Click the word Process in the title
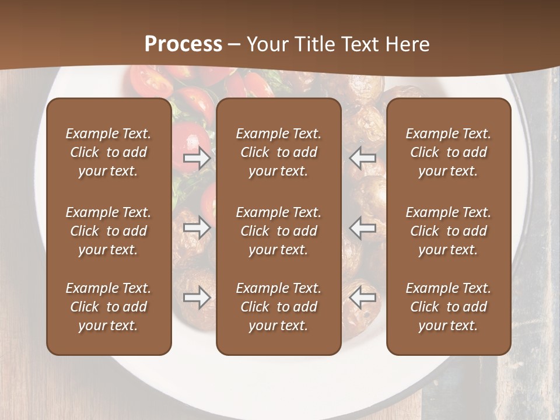(183, 44)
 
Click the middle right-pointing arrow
(197, 228)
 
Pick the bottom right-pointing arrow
(197, 298)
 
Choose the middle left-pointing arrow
(363, 228)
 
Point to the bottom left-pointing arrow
(363, 298)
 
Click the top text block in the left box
(108, 152)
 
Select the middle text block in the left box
(108, 231)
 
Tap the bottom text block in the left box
(108, 307)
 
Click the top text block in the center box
(278, 152)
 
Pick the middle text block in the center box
(278, 231)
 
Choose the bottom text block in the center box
(278, 307)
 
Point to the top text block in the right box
(448, 152)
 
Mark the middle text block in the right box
(448, 231)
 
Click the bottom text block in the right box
(448, 307)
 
